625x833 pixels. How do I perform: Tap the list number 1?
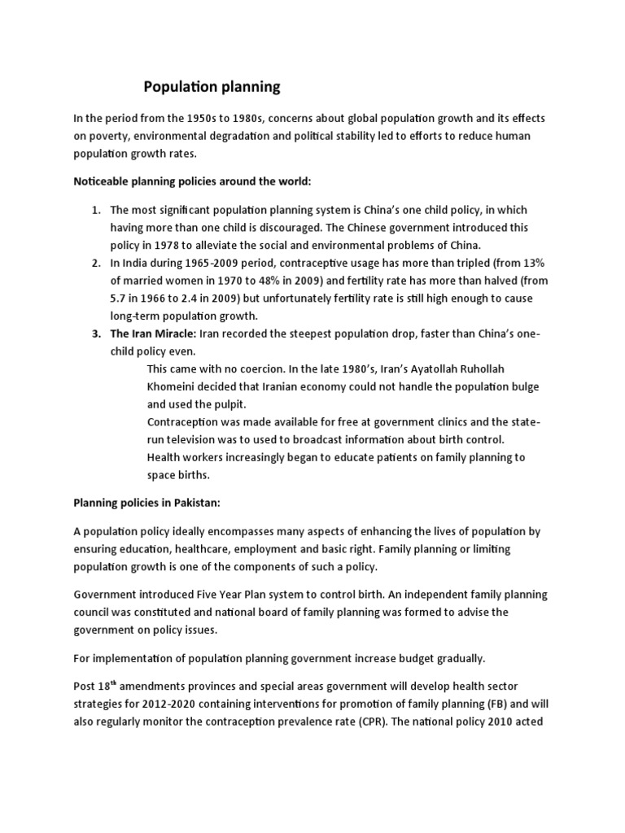(95, 211)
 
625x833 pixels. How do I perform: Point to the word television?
(200, 439)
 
